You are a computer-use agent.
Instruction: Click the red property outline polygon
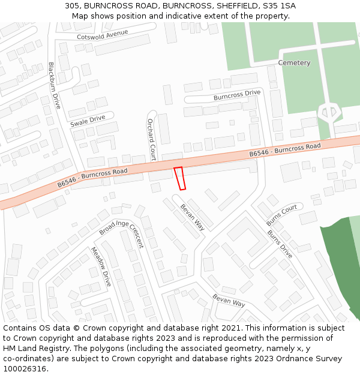tap(179, 178)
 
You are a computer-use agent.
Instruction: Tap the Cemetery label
tap(294, 63)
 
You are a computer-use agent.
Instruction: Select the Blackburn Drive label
tap(55, 85)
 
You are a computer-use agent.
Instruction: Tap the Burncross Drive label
tap(237, 95)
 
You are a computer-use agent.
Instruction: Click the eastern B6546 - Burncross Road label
tap(285, 149)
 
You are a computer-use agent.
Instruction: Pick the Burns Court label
tap(282, 214)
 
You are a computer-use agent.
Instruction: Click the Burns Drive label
tap(280, 244)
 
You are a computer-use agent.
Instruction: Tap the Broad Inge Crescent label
tap(122, 233)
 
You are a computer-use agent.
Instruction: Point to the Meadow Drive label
tap(101, 266)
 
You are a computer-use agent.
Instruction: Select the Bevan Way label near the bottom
tap(229, 300)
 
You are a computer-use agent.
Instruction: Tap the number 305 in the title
tap(72, 5)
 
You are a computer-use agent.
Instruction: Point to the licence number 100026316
tap(26, 368)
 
